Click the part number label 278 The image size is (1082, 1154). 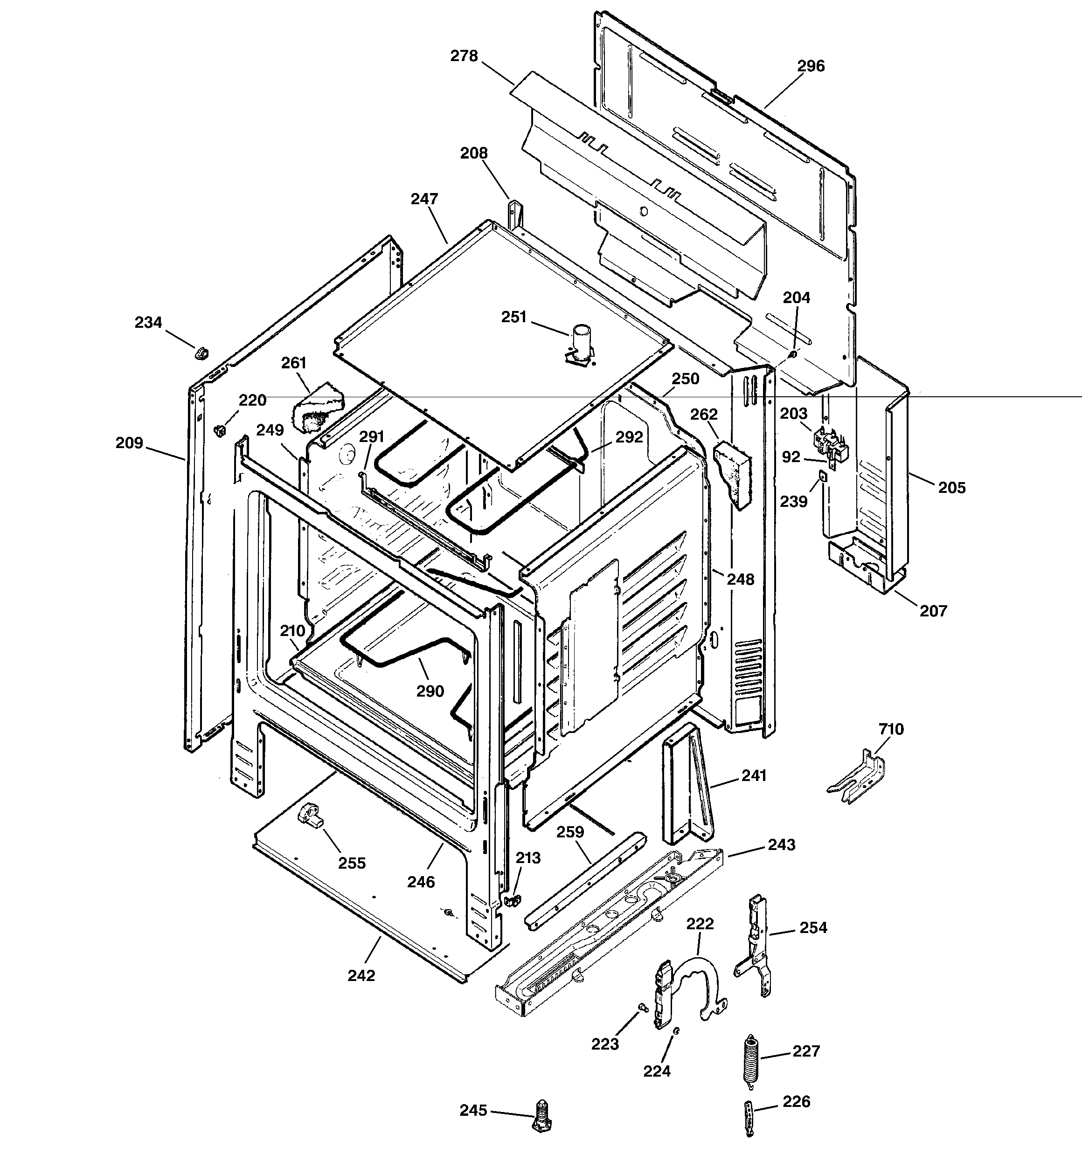click(x=464, y=56)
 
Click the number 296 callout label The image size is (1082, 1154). click(x=810, y=66)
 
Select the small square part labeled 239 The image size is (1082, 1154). click(x=822, y=477)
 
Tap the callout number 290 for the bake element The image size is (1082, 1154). click(x=430, y=691)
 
